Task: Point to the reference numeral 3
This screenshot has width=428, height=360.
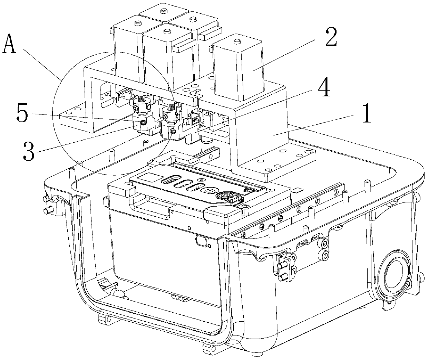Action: pos(29,152)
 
